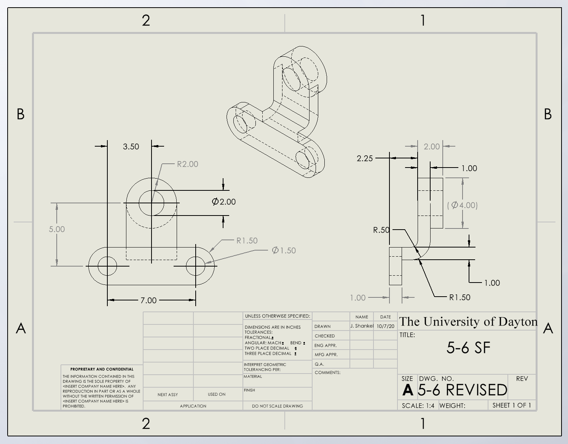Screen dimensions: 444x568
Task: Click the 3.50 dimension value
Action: tap(131, 147)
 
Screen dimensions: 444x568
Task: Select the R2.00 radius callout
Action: tap(187, 164)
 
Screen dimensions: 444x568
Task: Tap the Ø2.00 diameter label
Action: tap(224, 202)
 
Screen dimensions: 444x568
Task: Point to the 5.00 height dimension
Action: tap(57, 229)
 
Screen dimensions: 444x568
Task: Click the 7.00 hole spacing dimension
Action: tap(148, 300)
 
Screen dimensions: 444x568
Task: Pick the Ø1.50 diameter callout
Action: tap(284, 251)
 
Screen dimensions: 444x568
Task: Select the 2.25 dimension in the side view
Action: tap(365, 158)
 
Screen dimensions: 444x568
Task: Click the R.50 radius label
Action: tap(381, 230)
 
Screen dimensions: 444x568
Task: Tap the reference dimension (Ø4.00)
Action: tap(462, 205)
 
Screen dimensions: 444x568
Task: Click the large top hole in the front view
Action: tap(152, 203)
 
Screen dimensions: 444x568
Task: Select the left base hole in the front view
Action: tap(107, 266)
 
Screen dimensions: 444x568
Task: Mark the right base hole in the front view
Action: tap(196, 266)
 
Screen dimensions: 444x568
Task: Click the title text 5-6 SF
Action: tap(468, 348)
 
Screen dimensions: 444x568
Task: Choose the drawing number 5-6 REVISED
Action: tap(462, 390)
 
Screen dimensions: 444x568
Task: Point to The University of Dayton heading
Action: tap(468, 322)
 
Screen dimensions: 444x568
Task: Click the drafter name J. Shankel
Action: tap(362, 326)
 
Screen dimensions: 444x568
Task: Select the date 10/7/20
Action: tap(386, 326)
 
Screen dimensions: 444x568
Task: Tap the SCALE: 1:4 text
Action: tap(418, 406)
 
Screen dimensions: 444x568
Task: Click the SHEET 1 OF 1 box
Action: tap(511, 405)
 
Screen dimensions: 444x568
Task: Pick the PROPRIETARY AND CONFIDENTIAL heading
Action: tap(102, 369)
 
